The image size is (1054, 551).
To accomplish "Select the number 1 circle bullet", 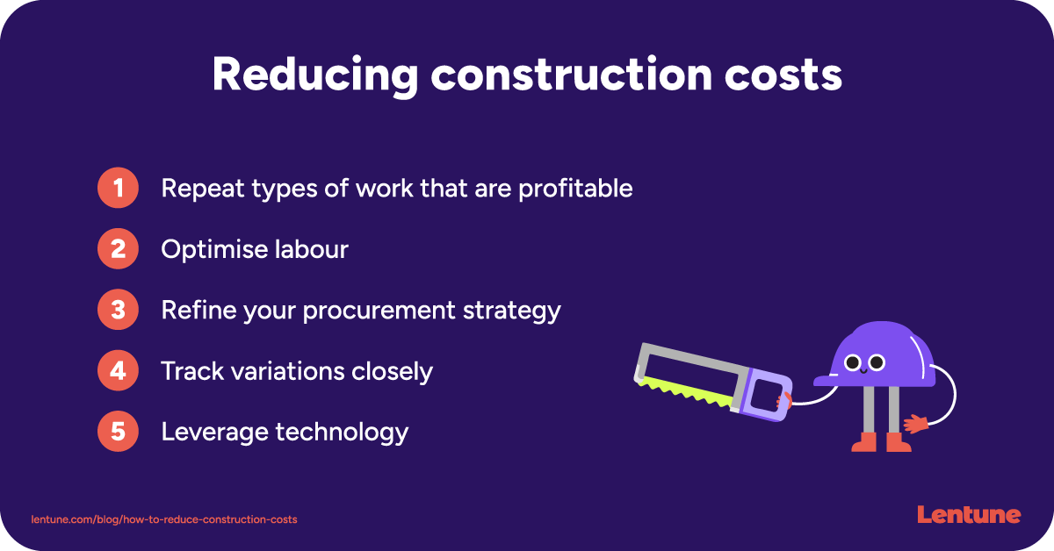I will point(118,189).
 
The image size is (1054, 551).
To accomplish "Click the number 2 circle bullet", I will point(118,250).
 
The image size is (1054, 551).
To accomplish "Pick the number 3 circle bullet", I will point(118,311).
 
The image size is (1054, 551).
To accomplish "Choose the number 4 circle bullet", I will point(118,371).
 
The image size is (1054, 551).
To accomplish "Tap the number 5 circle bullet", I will point(118,432).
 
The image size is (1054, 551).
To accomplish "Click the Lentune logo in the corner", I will point(969,515).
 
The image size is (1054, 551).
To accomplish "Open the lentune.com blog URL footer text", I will point(164,519).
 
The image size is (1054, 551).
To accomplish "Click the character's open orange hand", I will point(917,424).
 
